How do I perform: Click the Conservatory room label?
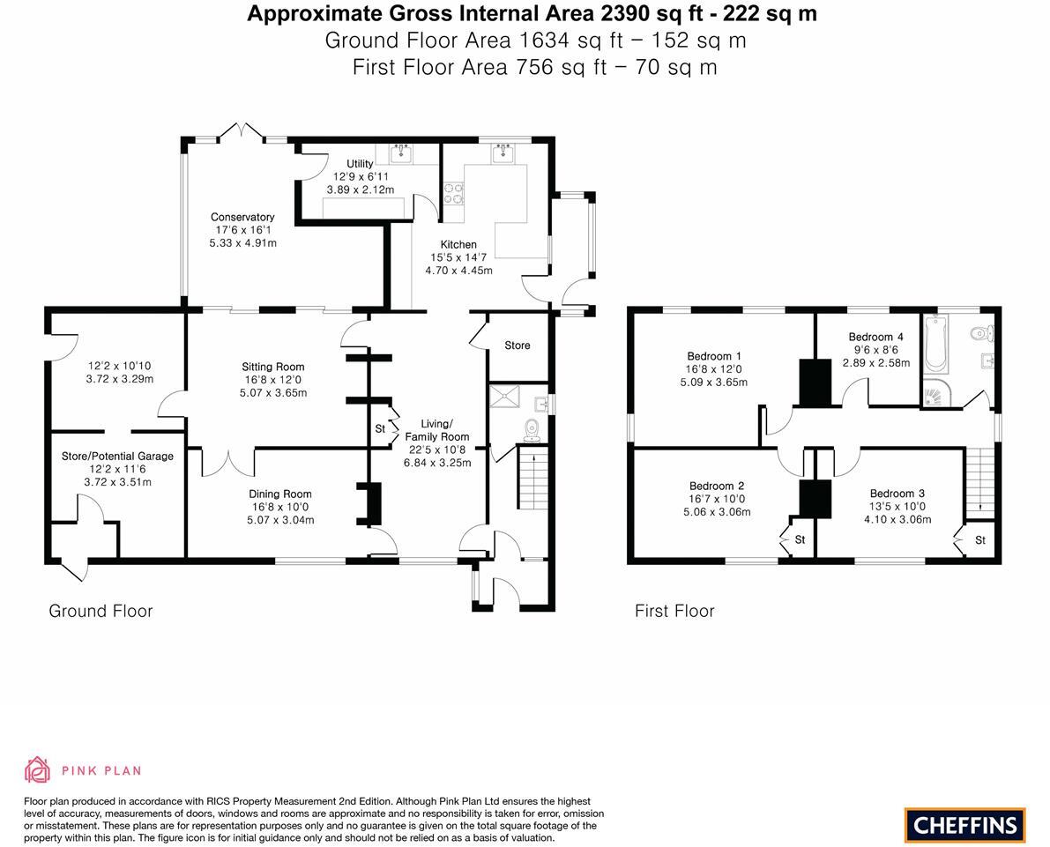tap(242, 217)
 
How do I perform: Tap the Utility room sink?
tap(400, 153)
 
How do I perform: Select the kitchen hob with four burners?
tap(452, 193)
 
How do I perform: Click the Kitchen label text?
tap(458, 244)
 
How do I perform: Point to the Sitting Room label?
tap(272, 367)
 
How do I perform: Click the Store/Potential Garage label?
tap(117, 456)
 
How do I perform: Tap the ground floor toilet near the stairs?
tap(531, 428)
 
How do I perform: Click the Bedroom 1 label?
tap(713, 356)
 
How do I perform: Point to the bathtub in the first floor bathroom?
tap(934, 343)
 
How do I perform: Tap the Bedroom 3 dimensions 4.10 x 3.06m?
tap(897, 519)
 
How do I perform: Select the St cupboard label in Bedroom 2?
tap(801, 539)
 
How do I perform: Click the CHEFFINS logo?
tap(964, 825)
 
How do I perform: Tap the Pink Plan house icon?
tap(38, 770)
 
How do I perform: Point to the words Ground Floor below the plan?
tap(101, 611)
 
